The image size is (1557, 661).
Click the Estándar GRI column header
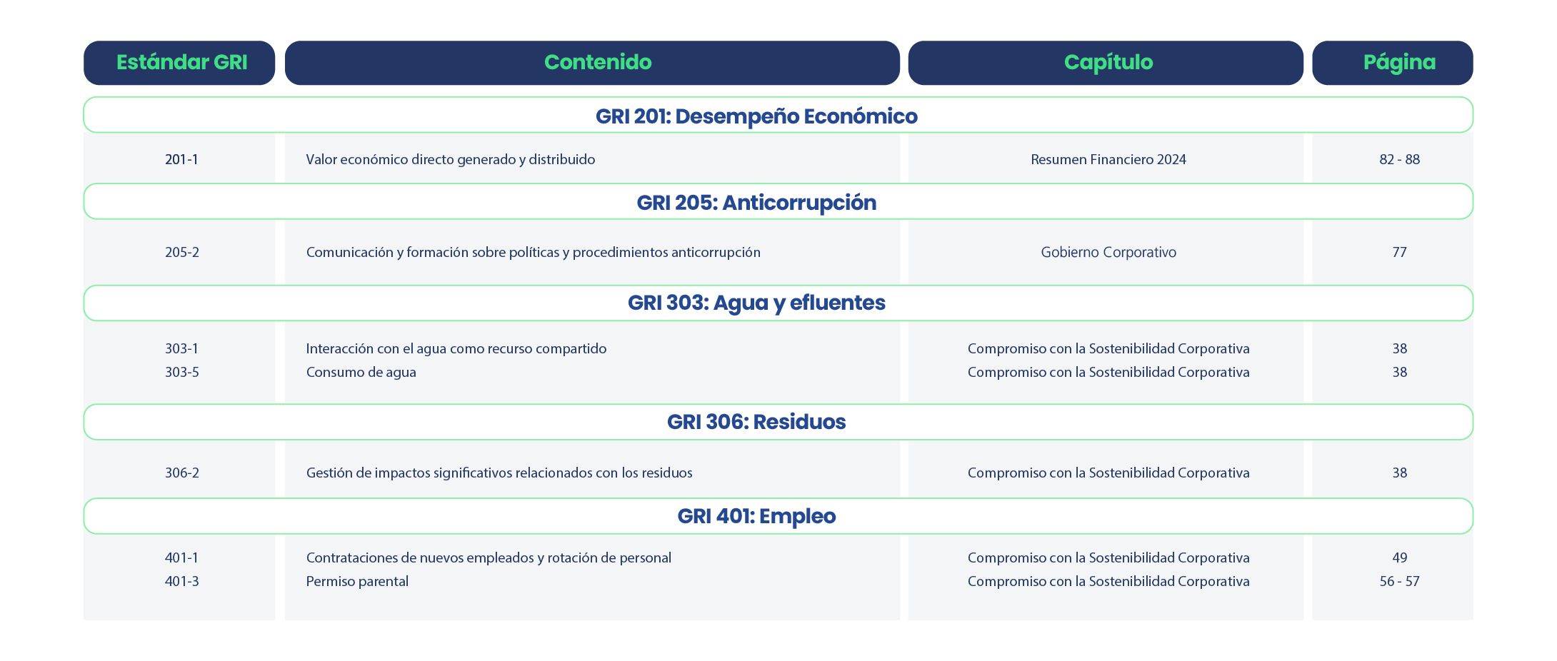(181, 63)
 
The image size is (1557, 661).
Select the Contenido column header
(598, 63)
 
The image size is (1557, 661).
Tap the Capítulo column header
(1108, 63)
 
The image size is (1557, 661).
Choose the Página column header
(1399, 63)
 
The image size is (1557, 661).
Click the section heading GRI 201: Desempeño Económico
(756, 116)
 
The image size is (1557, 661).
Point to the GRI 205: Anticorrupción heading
(756, 203)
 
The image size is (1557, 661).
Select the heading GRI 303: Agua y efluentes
(756, 303)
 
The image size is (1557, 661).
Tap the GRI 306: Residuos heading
(756, 422)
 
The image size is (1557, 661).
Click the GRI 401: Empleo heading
(756, 516)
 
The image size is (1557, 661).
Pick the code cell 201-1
(181, 159)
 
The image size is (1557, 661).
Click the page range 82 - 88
(1399, 159)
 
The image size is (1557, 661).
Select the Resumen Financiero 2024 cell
(1108, 159)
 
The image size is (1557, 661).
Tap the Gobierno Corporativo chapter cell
(1108, 252)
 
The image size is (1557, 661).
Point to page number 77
(1399, 252)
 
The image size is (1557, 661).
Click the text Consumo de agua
(361, 372)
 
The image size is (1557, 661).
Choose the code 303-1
(181, 348)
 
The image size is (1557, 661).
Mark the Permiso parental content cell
(357, 581)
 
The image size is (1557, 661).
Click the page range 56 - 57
(1399, 581)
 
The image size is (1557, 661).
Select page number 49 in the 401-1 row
(1399, 557)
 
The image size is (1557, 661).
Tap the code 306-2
(181, 473)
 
